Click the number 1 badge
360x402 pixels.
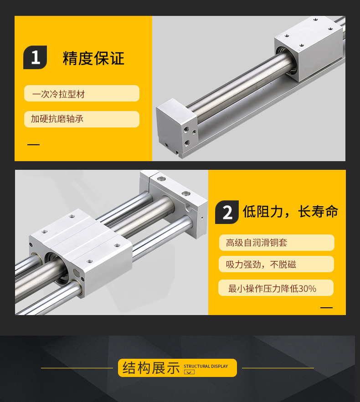point(35,57)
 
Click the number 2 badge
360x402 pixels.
point(227,212)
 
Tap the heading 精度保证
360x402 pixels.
point(93,58)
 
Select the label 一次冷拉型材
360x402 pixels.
point(58,94)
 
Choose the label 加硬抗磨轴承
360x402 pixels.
point(57,119)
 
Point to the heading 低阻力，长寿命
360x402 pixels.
point(290,212)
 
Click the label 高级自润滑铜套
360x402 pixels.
point(257,243)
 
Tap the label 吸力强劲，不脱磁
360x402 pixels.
point(261,265)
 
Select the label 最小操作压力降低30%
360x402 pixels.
point(272,289)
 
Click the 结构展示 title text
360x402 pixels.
point(151,368)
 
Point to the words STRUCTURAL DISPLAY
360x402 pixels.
point(206,366)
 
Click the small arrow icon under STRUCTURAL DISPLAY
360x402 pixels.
point(189,372)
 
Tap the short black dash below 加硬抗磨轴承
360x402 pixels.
point(33,145)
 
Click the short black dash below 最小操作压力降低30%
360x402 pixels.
point(326,307)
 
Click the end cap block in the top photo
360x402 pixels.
point(177,127)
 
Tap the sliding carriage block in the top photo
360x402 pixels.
point(309,49)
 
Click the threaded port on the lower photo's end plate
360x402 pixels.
point(189,207)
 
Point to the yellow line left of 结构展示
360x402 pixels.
point(77,368)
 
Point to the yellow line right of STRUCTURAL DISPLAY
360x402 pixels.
point(278,368)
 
